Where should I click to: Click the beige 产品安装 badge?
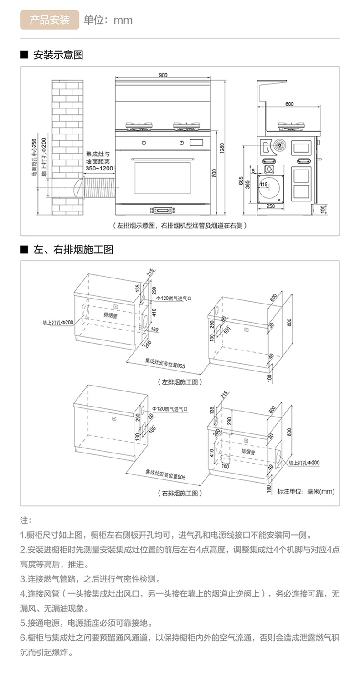point(49,20)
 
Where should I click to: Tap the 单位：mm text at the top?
point(108,20)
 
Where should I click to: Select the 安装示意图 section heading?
point(57,55)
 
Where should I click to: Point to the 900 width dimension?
point(163,75)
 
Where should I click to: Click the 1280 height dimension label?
point(222,148)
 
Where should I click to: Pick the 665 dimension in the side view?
point(241,181)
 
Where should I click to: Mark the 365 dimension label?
point(247,184)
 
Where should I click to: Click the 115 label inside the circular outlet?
point(264,185)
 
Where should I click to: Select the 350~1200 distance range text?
point(99,169)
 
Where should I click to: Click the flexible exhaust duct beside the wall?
point(98,186)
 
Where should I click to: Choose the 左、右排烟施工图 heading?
point(73,250)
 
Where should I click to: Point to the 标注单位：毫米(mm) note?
point(306,491)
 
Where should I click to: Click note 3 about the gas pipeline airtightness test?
point(90,579)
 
